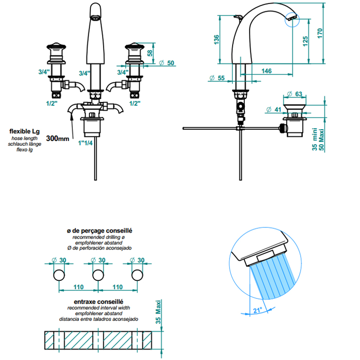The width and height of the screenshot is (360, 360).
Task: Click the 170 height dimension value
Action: [x=320, y=34]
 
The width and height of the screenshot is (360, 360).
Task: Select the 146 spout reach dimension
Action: [x=267, y=71]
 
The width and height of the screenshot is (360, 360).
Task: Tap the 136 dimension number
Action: [x=217, y=40]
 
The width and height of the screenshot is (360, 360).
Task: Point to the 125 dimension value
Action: [x=305, y=41]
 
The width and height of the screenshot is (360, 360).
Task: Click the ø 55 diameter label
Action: [x=217, y=78]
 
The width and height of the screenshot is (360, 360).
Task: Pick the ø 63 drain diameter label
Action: [x=295, y=94]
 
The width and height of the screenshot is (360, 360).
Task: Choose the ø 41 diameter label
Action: [x=274, y=109]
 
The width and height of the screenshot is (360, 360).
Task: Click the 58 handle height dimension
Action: [x=150, y=53]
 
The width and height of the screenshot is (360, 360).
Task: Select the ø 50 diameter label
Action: [x=167, y=63]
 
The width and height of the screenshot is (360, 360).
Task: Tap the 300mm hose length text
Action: [x=58, y=138]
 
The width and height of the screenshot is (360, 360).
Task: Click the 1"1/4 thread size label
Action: [x=85, y=143]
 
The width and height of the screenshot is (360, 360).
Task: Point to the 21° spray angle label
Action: [x=257, y=310]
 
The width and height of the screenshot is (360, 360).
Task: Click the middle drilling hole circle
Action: [x=98, y=275]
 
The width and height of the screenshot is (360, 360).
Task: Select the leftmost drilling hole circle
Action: [x=59, y=275]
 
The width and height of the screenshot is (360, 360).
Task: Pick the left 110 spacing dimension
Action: [x=79, y=287]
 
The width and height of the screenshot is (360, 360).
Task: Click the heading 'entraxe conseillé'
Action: [x=99, y=302]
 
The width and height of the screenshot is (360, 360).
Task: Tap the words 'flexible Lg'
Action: [x=25, y=132]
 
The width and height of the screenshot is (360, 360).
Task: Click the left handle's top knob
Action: [x=56, y=46]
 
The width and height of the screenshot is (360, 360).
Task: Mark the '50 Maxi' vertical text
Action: [x=322, y=140]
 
